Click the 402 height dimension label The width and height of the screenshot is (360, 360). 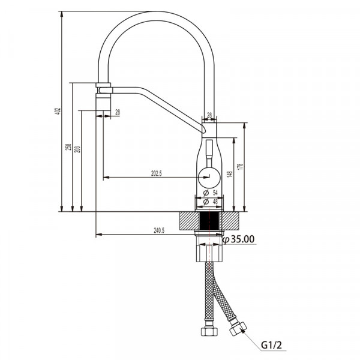[58, 112]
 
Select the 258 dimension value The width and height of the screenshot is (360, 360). [68, 147]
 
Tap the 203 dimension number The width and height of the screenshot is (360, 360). [78, 149]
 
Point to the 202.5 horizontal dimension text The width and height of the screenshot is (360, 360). [157, 173]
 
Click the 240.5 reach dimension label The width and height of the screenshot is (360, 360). [159, 230]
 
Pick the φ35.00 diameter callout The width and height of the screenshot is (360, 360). [239, 239]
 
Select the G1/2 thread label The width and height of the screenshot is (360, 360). [271, 345]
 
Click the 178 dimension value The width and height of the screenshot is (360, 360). [241, 167]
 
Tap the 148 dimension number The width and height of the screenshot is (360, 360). [230, 174]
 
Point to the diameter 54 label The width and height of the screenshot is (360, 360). [211, 193]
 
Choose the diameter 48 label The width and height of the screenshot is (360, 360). [211, 202]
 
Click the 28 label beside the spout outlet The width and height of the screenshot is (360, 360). [118, 112]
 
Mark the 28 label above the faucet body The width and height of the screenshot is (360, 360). [209, 115]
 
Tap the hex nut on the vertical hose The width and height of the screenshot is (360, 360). [209, 331]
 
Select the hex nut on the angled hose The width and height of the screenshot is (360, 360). [238, 329]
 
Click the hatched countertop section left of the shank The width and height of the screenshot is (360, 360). [189, 221]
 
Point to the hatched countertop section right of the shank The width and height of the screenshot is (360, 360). [229, 221]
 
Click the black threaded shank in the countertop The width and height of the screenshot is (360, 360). [209, 221]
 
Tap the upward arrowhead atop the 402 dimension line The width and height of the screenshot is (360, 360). [62, 14]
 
